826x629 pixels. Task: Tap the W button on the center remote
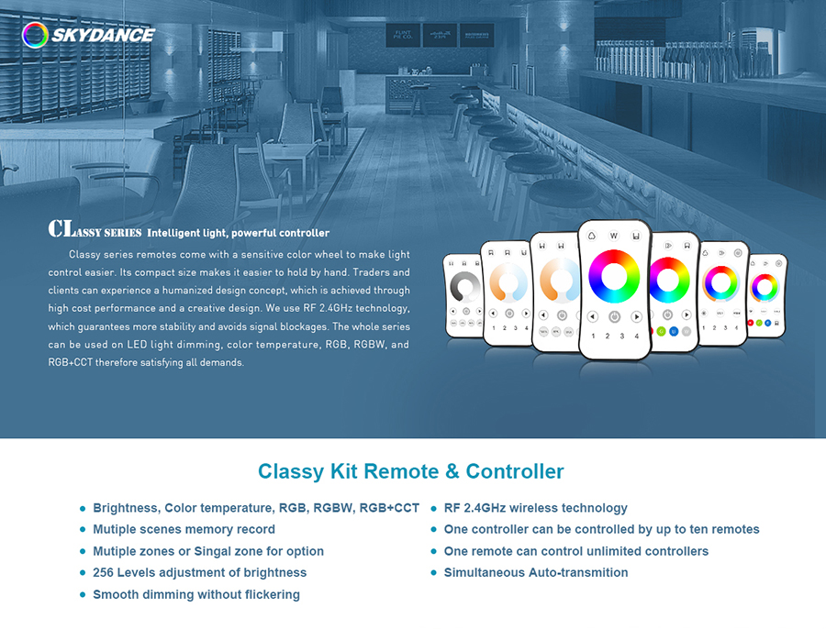[x=614, y=236]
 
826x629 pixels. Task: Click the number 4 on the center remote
[x=636, y=336]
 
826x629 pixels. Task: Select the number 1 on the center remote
[x=593, y=336]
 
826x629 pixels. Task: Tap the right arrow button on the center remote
[x=636, y=317]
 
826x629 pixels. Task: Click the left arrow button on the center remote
[x=593, y=317]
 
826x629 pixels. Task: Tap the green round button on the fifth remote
[x=661, y=331]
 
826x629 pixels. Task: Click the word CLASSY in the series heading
[x=95, y=230]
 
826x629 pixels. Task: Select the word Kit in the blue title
[x=344, y=471]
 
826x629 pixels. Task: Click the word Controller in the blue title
[x=515, y=471]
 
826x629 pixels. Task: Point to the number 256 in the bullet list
[x=103, y=572]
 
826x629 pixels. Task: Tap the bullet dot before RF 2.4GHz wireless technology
[x=433, y=509]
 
